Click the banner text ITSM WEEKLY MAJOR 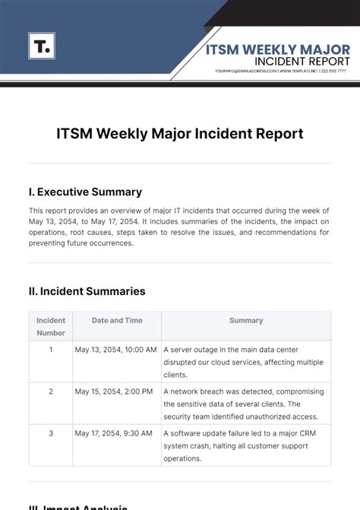coord(279,49)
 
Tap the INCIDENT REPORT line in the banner coord(302,61)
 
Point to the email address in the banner coord(245,71)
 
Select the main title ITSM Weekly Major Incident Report coord(180,134)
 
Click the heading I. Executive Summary coord(85,192)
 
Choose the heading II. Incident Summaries coord(87,291)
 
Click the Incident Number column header coord(51,326)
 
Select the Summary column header coord(246,321)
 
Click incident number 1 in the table coord(51,350)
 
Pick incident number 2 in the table coord(51,391)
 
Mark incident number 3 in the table coord(51,433)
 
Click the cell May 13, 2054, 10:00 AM coord(115,350)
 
